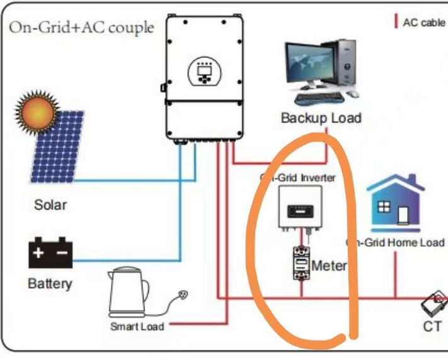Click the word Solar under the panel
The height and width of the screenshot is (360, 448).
[x=50, y=205]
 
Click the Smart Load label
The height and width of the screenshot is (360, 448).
[x=137, y=326]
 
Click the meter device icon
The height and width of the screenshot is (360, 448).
[x=301, y=264]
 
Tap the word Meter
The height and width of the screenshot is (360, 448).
[x=329, y=265]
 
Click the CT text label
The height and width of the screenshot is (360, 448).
[x=432, y=326]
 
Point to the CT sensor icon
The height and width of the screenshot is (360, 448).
[x=434, y=305]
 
